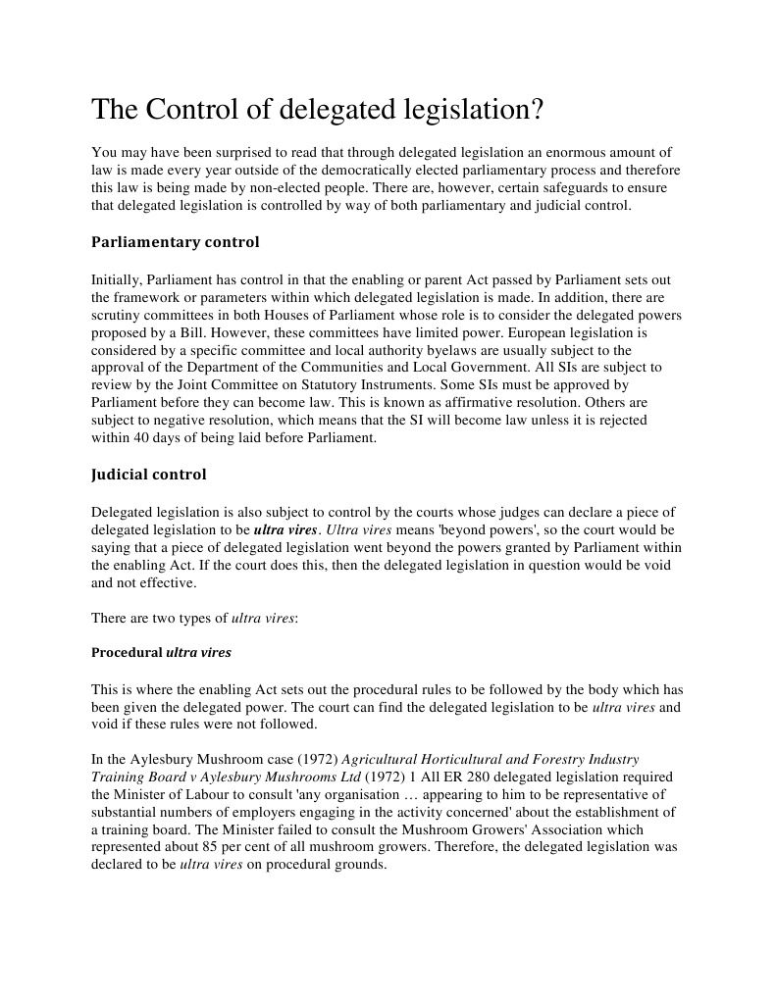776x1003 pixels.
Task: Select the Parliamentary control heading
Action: [x=175, y=241]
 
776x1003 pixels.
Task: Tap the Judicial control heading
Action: [x=148, y=474]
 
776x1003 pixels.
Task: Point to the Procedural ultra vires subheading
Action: [x=161, y=651]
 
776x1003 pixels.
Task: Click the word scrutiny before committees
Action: [x=118, y=316]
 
